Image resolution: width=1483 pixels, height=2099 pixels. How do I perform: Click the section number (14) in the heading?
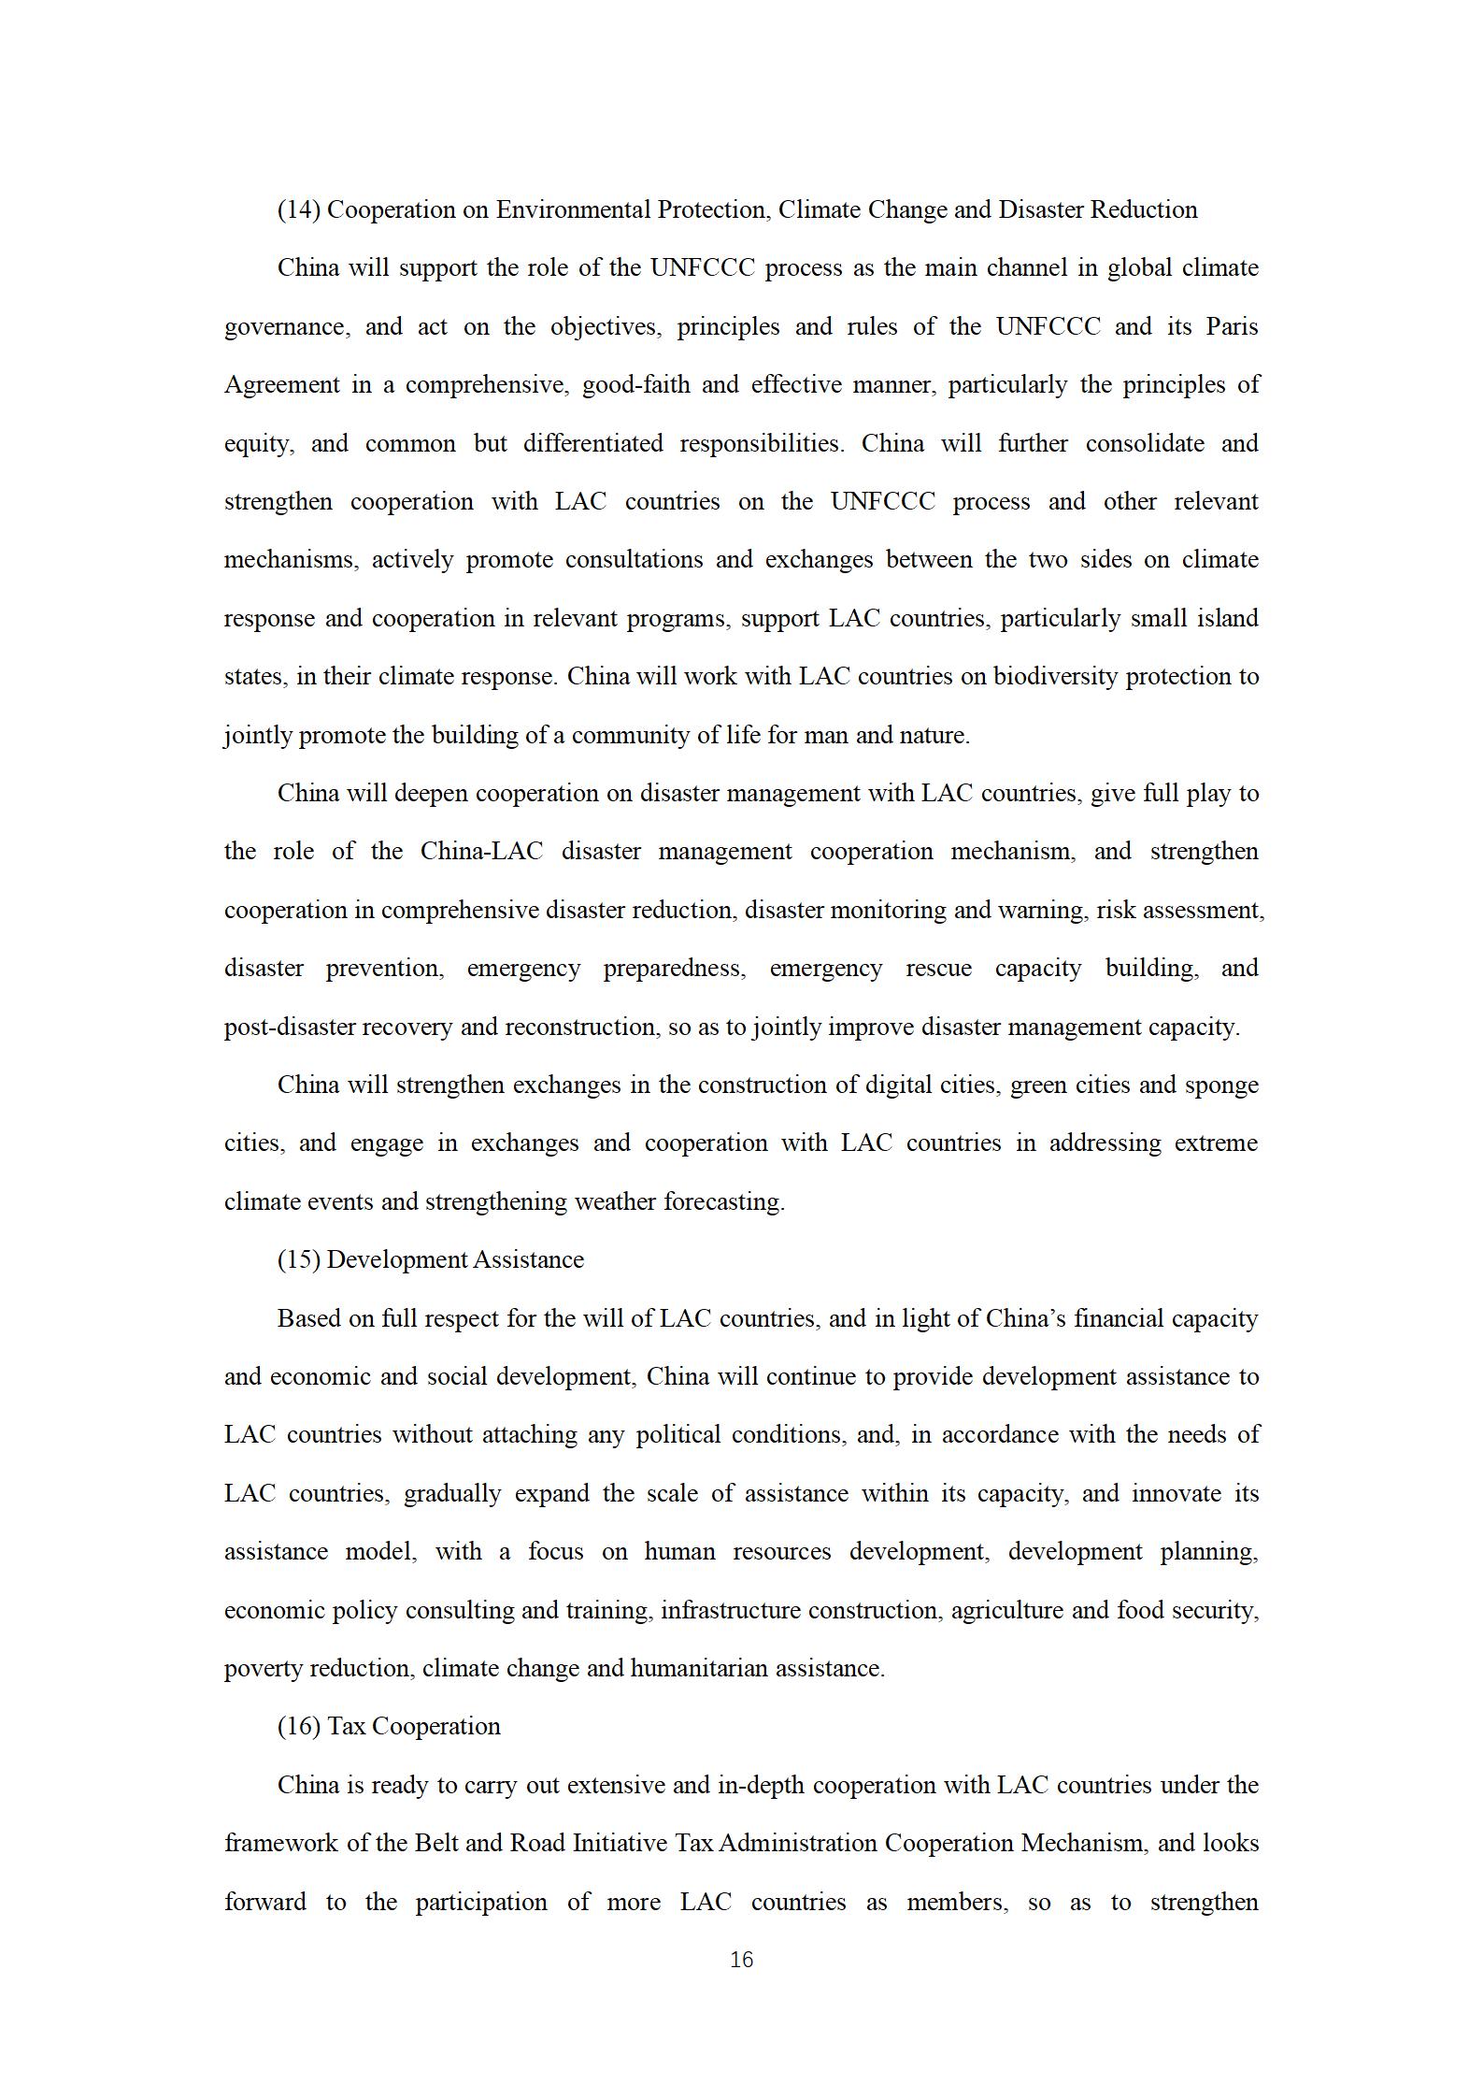[x=299, y=210]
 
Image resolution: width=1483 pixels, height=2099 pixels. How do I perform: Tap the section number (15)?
[x=299, y=1260]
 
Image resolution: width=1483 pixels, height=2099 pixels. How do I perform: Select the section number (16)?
[x=299, y=1726]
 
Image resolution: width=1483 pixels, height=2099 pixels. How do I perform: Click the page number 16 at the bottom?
[x=741, y=1960]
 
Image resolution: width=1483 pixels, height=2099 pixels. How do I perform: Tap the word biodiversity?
[x=1055, y=677]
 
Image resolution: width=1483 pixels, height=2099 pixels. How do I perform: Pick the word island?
[x=1228, y=619]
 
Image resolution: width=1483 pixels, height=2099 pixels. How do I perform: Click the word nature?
[x=936, y=736]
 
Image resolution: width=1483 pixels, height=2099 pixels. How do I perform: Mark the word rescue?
[x=937, y=969]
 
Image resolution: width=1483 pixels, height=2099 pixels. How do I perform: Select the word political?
[x=677, y=1435]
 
